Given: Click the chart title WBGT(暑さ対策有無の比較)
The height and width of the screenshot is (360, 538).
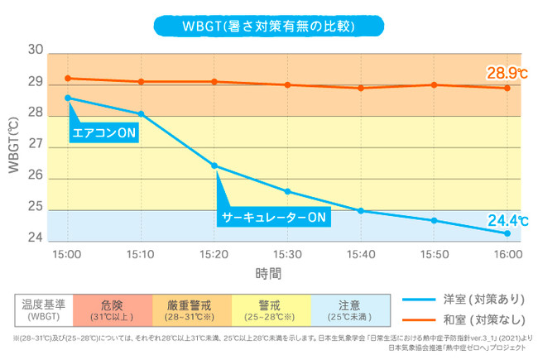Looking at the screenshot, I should [x=268, y=26].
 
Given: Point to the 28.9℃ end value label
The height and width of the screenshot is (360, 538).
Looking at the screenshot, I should [x=507, y=74].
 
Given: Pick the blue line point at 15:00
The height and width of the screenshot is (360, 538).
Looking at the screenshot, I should [x=67, y=98].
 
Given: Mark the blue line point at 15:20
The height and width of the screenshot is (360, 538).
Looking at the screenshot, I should [x=214, y=166].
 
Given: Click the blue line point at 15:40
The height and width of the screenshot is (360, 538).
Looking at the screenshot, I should [x=361, y=210].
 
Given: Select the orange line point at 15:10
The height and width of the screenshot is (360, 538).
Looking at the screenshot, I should [x=141, y=81].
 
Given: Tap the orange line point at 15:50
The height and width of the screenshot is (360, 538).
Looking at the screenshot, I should [x=434, y=84].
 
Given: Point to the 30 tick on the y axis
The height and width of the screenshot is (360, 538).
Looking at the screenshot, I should [x=35, y=50].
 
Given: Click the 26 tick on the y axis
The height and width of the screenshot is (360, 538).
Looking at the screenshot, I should [x=35, y=177].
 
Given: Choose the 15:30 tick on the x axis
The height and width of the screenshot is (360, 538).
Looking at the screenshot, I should [x=287, y=252].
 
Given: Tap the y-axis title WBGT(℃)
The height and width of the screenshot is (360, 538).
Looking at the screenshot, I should [x=13, y=145].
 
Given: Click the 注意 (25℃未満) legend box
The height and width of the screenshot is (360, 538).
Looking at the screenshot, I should [x=349, y=309].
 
